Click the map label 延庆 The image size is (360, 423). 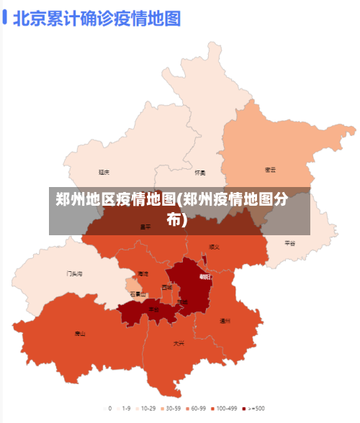click(104, 173)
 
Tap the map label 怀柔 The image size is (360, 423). click(200, 173)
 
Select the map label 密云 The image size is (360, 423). click(270, 170)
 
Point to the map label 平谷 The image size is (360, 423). click(290, 243)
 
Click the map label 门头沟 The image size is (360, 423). click(74, 273)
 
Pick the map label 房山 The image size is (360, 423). click(80, 333)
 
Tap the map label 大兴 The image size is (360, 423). click(179, 343)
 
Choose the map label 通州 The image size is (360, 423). click(225, 321)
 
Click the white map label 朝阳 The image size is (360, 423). click(205, 276)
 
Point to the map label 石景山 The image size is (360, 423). click(138, 294)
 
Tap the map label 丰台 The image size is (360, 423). click(154, 309)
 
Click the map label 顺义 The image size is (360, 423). click(214, 247)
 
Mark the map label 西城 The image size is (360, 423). click(167, 287)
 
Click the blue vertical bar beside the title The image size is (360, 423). click(5, 17)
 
